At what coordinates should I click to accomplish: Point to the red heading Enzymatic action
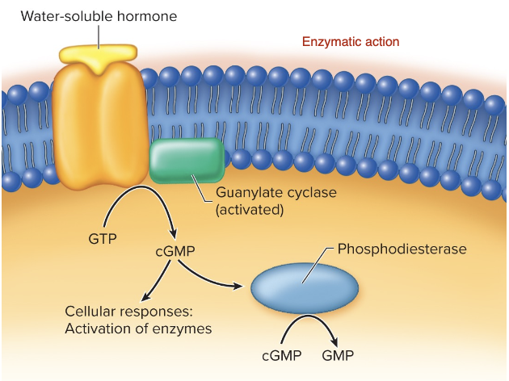[x=350, y=41]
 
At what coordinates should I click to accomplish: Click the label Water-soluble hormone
[x=99, y=15]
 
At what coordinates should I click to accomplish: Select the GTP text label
[x=102, y=239]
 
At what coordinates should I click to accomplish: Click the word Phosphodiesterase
[x=402, y=249]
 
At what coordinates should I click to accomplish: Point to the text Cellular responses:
[x=129, y=312]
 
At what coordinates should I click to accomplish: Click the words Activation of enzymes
[x=138, y=329]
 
